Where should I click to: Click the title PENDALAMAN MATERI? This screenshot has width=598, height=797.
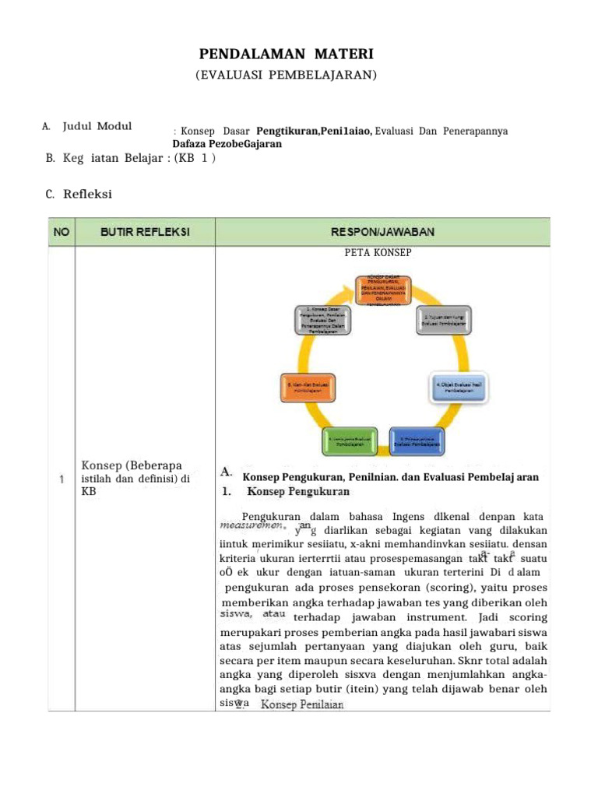point(287,54)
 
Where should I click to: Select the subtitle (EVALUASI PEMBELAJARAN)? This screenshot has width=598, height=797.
point(286,75)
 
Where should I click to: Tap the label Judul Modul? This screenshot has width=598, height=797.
point(97,126)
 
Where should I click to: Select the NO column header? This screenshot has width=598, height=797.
point(60,231)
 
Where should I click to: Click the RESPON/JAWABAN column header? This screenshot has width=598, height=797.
point(382,231)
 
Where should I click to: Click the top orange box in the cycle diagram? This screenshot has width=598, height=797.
point(383,290)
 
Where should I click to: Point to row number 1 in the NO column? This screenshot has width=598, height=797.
point(60,479)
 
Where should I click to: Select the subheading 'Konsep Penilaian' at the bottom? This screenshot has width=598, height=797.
point(302,704)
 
